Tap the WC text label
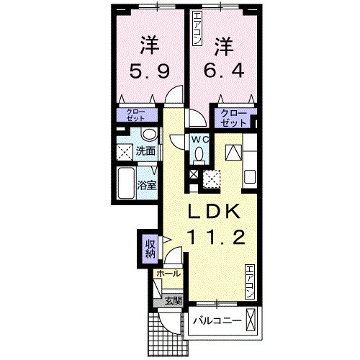[199, 138]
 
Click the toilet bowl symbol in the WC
[199, 153]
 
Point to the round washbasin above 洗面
[148, 135]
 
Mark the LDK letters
[212, 212]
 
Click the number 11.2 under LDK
[212, 235]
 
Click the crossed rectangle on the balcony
[250, 318]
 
